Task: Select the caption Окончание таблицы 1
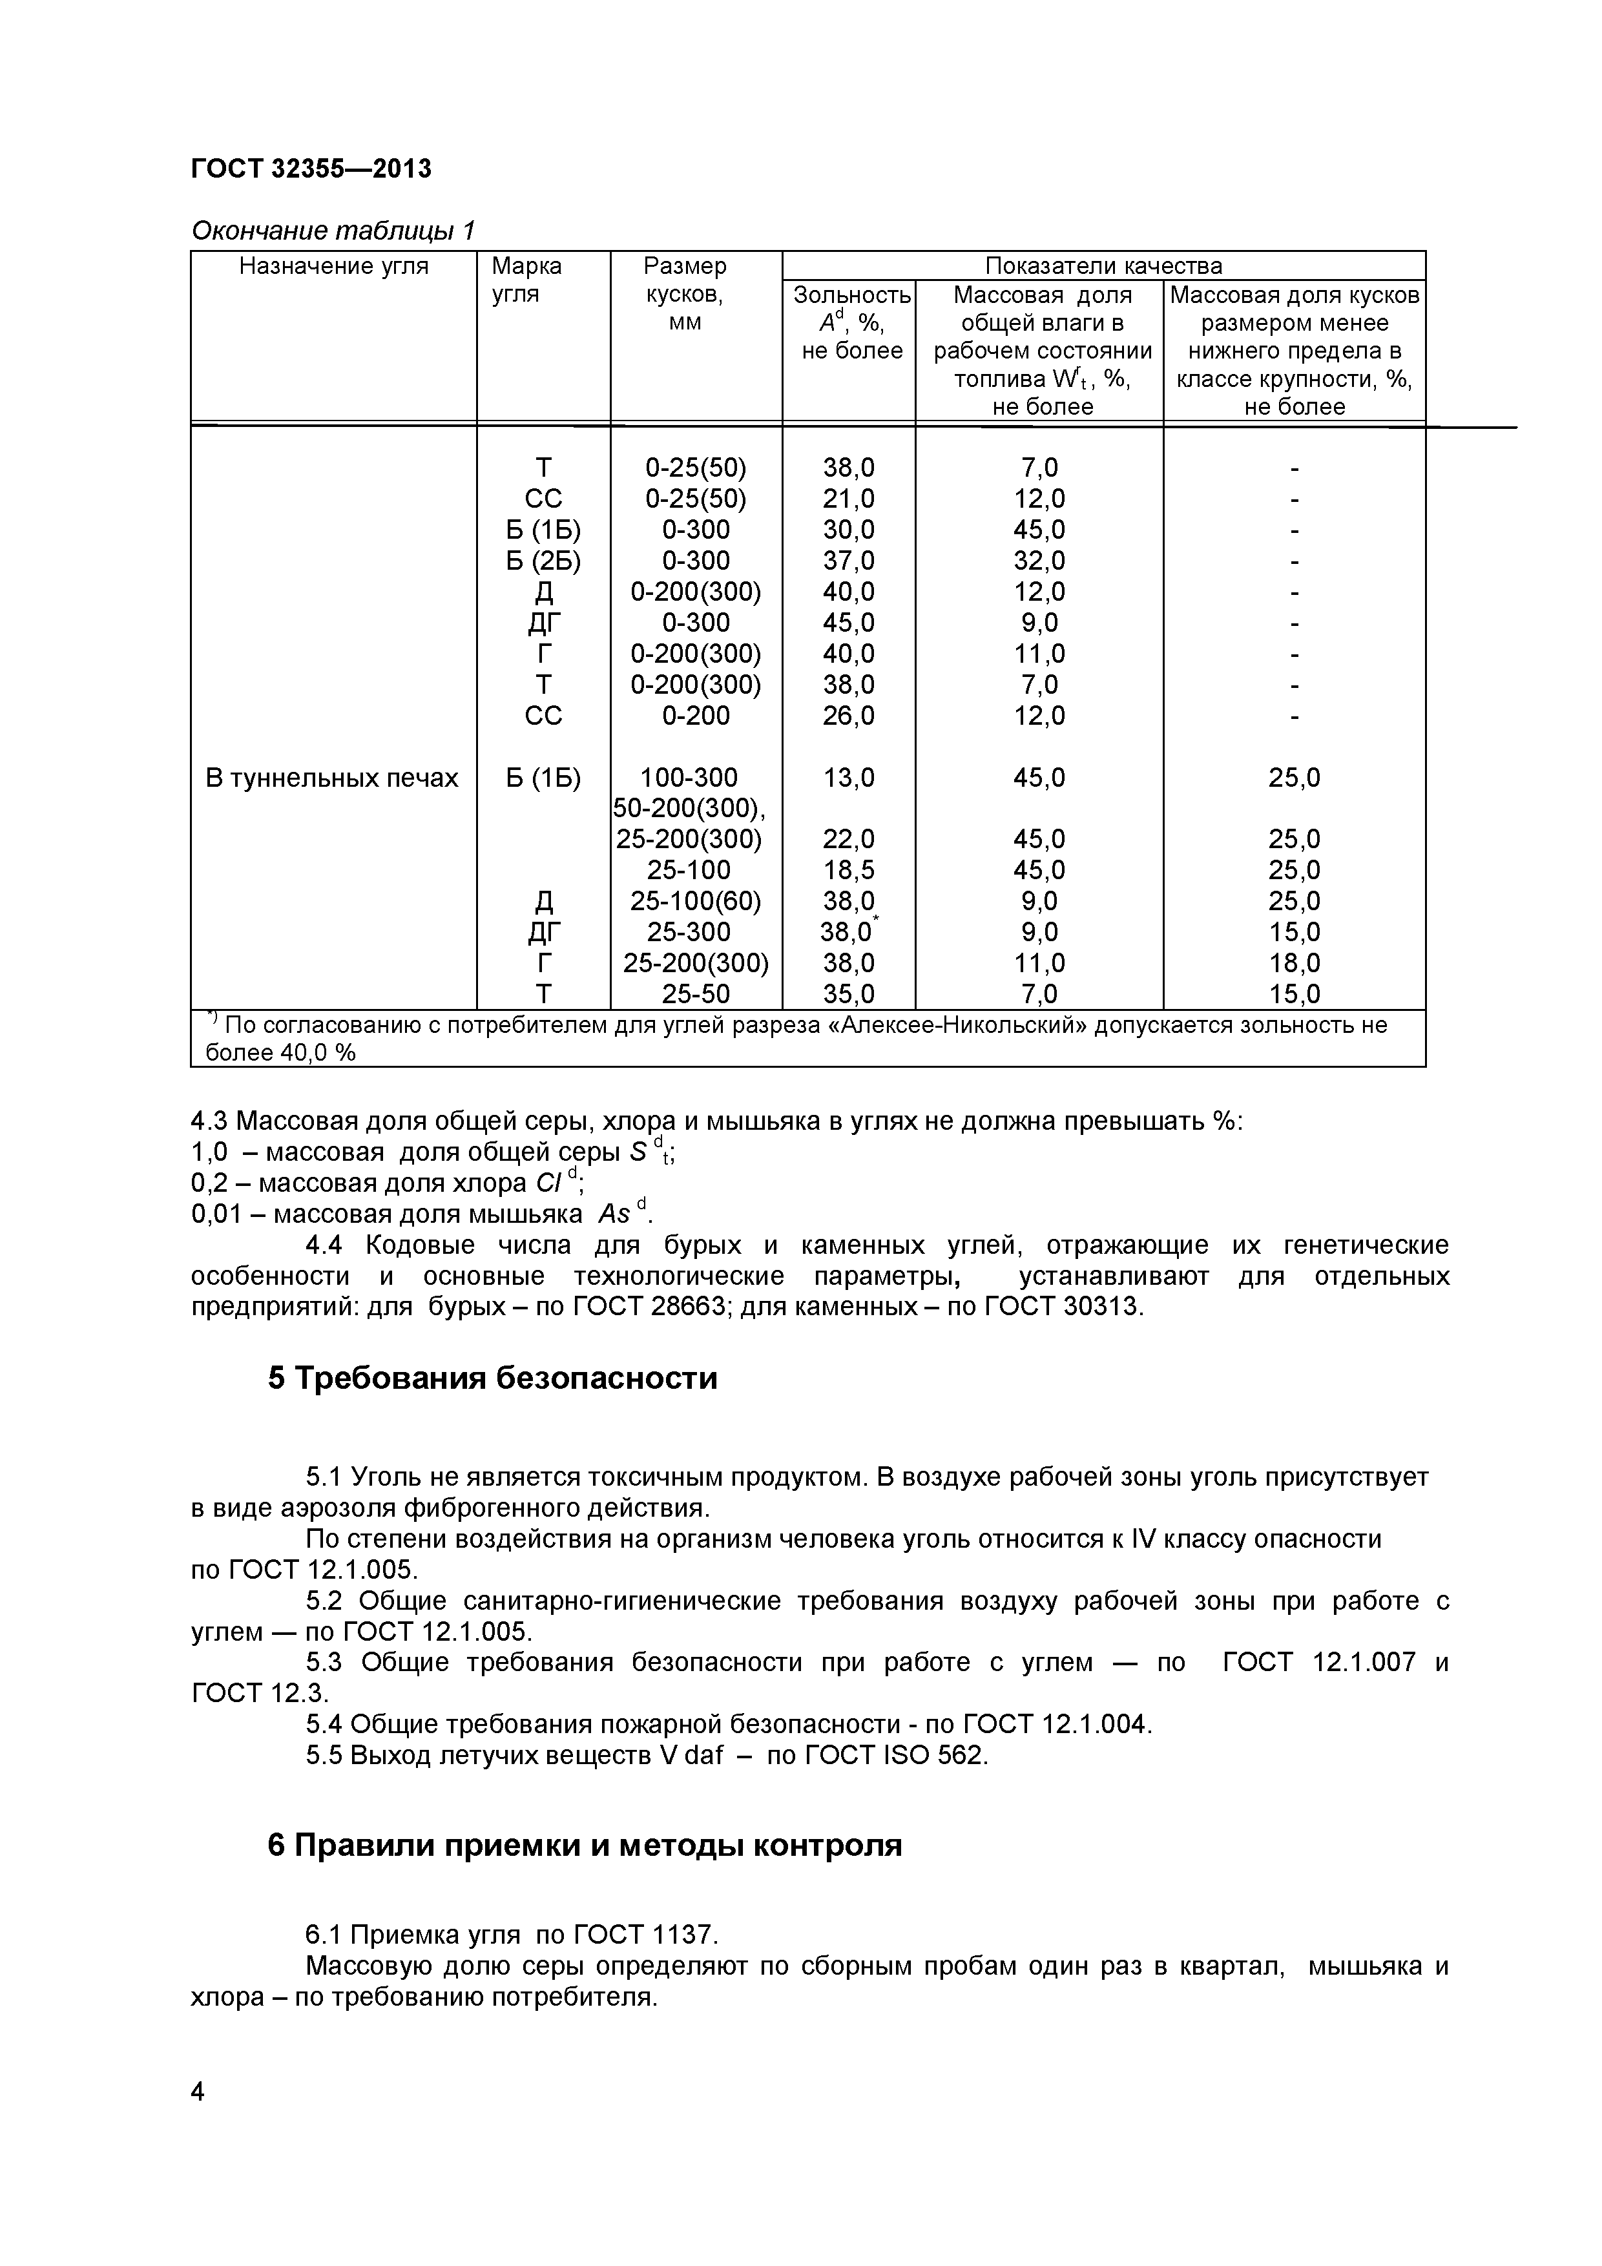point(333,231)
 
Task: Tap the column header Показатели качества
point(1103,265)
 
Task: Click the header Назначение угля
point(333,265)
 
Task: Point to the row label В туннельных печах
point(331,778)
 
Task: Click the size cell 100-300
point(689,778)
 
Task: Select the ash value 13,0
point(848,778)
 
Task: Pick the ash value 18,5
point(848,871)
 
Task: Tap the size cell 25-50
point(695,994)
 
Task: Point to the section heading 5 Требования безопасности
point(492,1378)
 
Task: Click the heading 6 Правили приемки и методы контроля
point(585,1845)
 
